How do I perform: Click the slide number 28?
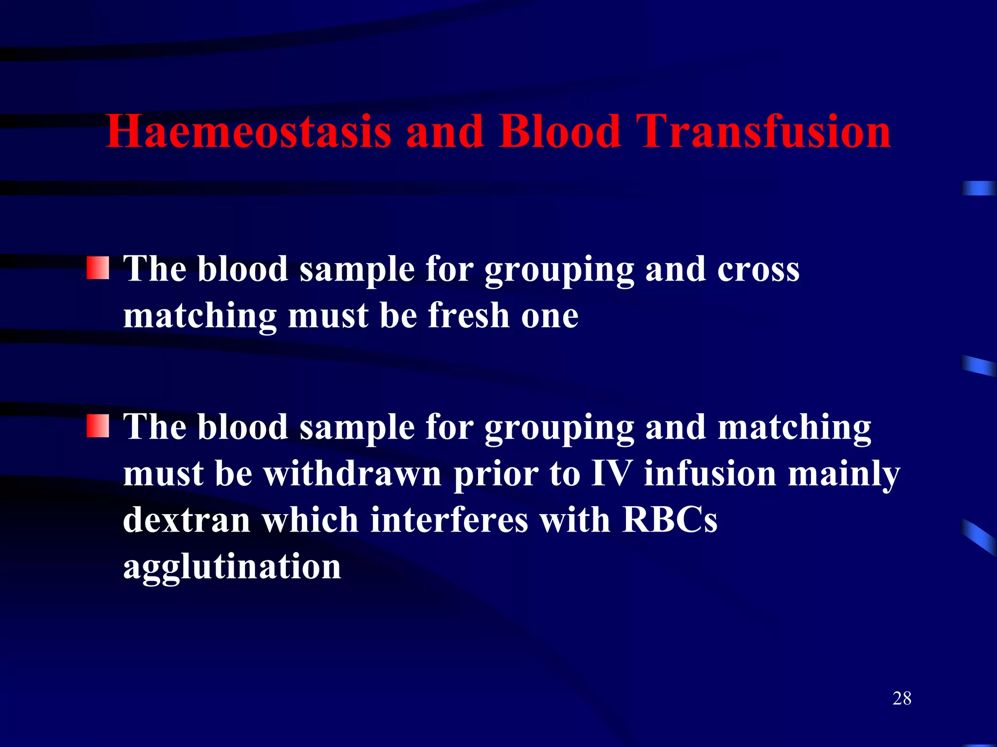click(902, 698)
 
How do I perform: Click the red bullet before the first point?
click(98, 268)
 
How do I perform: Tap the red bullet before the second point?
click(98, 426)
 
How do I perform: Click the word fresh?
click(468, 316)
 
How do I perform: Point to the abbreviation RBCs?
click(670, 520)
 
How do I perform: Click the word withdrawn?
click(352, 473)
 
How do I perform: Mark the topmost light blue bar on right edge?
click(979, 188)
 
